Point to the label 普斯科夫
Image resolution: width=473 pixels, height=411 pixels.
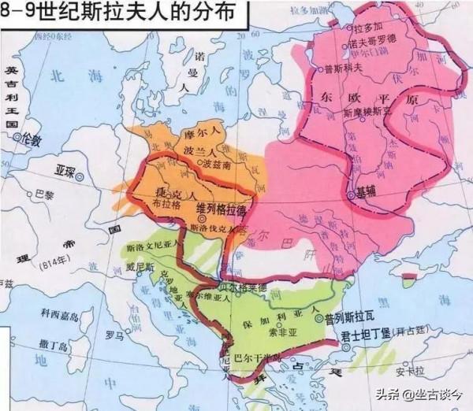coord(364,68)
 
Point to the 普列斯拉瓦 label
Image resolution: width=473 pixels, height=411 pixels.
coord(354,319)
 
